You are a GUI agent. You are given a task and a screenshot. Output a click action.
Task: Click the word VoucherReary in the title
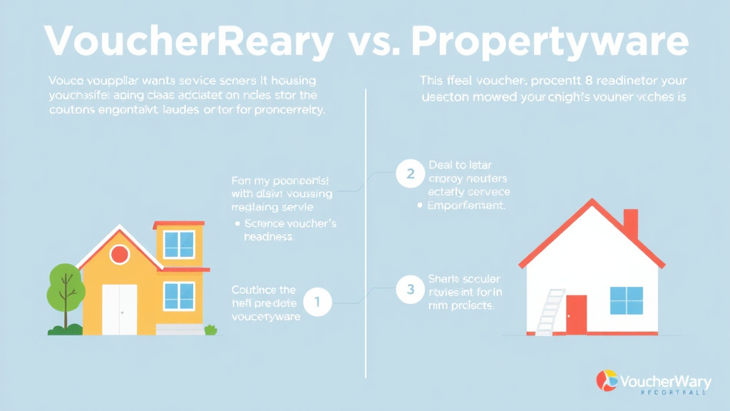[x=188, y=42]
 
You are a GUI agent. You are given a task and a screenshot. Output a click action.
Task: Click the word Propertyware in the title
[x=550, y=42]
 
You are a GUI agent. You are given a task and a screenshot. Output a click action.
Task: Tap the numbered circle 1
[x=317, y=303]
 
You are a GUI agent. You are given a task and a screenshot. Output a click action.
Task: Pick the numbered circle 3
[x=409, y=289]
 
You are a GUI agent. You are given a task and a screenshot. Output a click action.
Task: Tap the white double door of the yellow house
[x=119, y=308]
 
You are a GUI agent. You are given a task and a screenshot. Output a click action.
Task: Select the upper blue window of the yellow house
[x=179, y=244]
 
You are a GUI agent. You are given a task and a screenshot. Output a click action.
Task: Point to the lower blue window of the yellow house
[x=179, y=295]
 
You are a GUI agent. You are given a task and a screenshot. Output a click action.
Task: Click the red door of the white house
[x=576, y=315]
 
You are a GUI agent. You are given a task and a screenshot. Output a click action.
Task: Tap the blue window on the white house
[x=626, y=300]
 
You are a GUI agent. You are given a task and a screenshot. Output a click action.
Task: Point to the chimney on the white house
[x=630, y=223]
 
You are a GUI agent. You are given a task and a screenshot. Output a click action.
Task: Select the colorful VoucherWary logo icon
[x=607, y=380]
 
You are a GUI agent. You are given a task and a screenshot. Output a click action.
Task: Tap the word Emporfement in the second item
[x=466, y=205]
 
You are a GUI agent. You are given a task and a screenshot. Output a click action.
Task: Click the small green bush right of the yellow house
[x=210, y=330]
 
